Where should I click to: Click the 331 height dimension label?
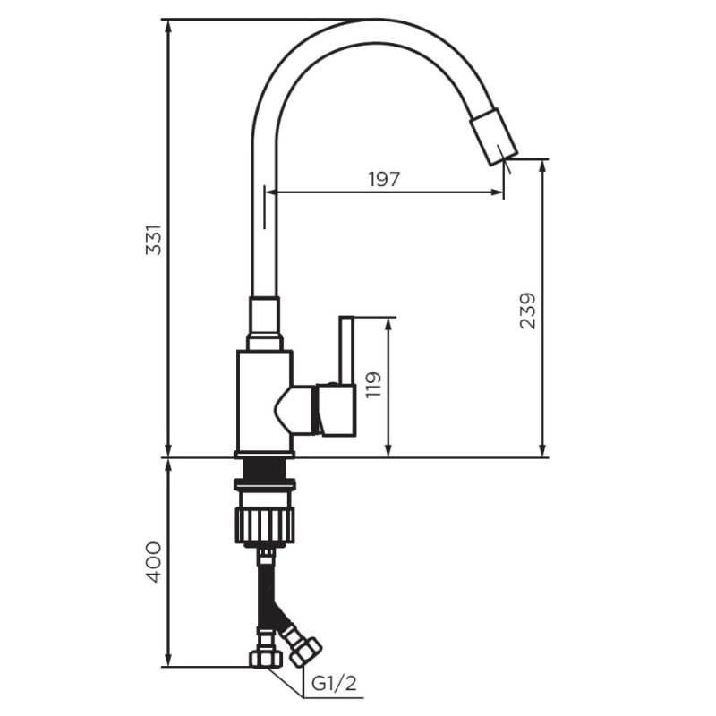tap(154, 239)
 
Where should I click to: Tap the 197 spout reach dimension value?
tap(384, 179)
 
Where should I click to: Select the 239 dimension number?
tap(528, 310)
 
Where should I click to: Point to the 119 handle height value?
tap(374, 385)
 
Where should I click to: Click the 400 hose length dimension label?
tap(154, 561)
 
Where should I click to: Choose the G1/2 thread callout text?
tap(334, 686)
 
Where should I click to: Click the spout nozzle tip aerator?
tap(495, 136)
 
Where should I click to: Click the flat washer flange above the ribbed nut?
tap(264, 485)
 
